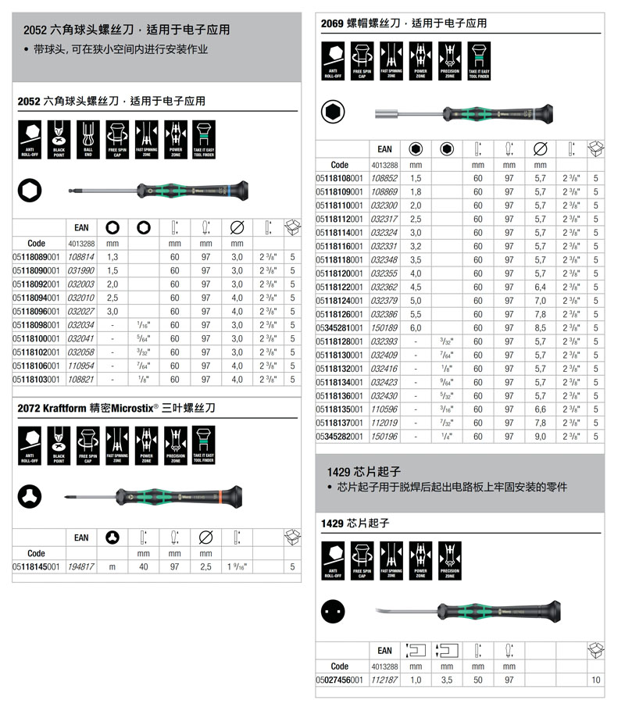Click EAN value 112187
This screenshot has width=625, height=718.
[x=384, y=680]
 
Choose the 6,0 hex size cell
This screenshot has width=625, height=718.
[x=416, y=327]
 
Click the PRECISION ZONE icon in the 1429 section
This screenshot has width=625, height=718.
[x=449, y=560]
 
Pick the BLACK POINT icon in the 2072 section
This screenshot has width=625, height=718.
[x=59, y=446]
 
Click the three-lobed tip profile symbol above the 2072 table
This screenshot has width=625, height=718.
[x=30, y=495]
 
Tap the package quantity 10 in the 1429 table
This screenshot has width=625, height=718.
[x=596, y=680]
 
